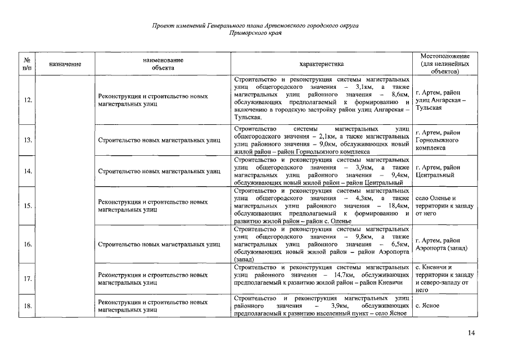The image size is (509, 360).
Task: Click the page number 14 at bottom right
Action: pyautogui.click(x=471, y=333)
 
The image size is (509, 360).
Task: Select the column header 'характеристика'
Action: pyautogui.click(x=321, y=64)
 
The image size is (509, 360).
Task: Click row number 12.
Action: pyautogui.click(x=28, y=100)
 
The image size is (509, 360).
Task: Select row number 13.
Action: pyautogui.click(x=28, y=139)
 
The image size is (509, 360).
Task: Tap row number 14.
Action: pyautogui.click(x=28, y=171)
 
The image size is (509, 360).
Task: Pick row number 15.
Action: pyautogui.click(x=28, y=206)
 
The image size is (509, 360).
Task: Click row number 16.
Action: pyautogui.click(x=28, y=245)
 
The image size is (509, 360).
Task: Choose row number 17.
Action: pyautogui.click(x=28, y=279)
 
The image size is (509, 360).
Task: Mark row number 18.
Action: pyautogui.click(x=28, y=305)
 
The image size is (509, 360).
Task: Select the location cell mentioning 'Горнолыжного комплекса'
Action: pyautogui.click(x=437, y=139)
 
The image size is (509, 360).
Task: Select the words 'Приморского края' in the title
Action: pyautogui.click(x=255, y=33)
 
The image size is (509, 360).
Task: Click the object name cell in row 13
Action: pyautogui.click(x=159, y=139)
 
